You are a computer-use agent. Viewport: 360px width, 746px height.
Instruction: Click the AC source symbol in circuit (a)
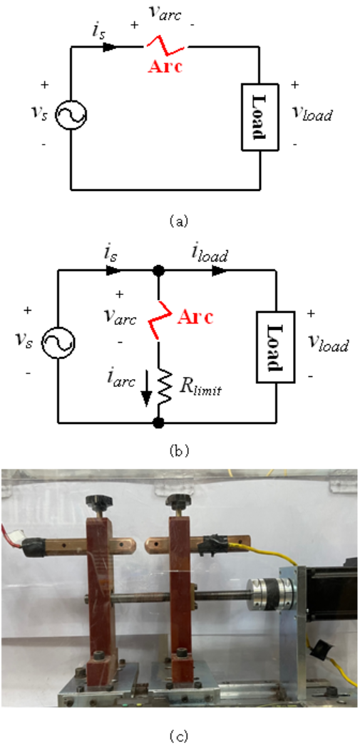[x=71, y=115]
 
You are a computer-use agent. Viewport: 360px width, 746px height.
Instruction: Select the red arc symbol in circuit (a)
[x=167, y=46]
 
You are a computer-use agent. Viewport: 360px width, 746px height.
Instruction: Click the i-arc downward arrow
[x=146, y=393]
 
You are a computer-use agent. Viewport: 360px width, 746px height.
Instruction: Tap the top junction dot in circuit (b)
[x=158, y=270]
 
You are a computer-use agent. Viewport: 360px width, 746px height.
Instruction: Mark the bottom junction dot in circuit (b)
[x=158, y=422]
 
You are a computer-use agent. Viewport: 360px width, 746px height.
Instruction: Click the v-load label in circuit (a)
[x=312, y=114]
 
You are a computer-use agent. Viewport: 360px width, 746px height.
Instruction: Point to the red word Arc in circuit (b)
[x=195, y=317]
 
